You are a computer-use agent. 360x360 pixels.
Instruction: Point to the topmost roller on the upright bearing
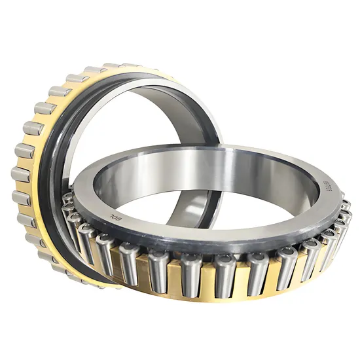pyautogui.click(x=113, y=66)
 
